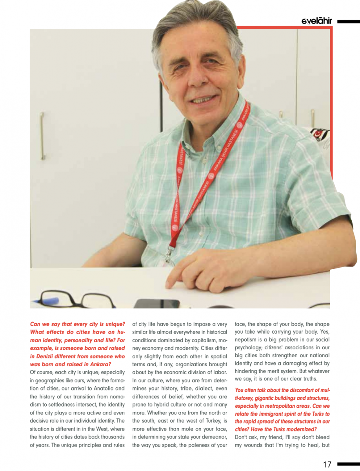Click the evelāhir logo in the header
click(317, 21)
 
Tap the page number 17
click(327, 464)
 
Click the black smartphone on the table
click(156, 303)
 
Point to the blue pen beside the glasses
click(46, 301)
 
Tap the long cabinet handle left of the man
click(42, 136)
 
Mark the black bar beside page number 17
click(348, 464)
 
